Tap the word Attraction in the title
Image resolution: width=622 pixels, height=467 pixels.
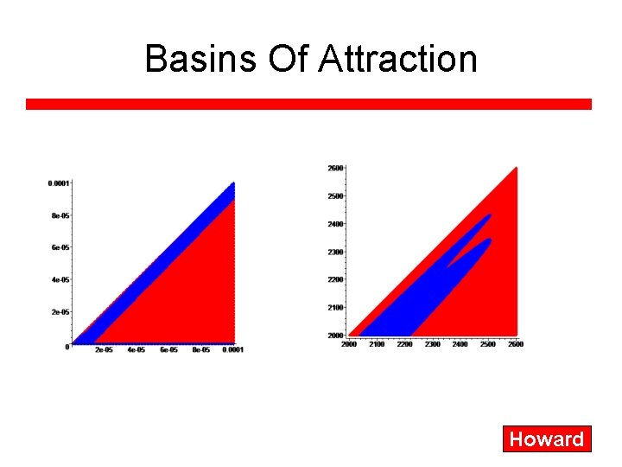pos(397,59)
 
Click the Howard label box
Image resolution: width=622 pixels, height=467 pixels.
pos(547,439)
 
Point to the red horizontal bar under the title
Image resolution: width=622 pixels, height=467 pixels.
pos(308,104)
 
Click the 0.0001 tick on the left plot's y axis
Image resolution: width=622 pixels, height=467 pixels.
pos(58,183)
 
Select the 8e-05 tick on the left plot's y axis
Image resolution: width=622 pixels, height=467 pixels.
pos(60,215)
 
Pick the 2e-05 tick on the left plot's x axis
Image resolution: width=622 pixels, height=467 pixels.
pos(104,350)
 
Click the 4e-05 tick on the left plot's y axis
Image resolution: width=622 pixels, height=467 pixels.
pos(60,280)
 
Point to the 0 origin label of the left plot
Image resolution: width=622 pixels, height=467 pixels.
pos(67,347)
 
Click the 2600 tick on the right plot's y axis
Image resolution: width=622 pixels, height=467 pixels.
pos(335,168)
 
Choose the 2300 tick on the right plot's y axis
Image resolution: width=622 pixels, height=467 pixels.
pos(335,252)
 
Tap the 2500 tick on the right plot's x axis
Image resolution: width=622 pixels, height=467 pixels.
pos(487,344)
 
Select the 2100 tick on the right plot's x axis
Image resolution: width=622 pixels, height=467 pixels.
pos(377,344)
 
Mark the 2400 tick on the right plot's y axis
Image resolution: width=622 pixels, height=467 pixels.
pos(335,224)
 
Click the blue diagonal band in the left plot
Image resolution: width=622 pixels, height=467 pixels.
pos(164,259)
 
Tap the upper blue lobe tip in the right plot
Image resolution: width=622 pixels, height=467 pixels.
pos(488,215)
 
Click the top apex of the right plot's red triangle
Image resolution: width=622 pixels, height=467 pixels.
pos(516,168)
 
